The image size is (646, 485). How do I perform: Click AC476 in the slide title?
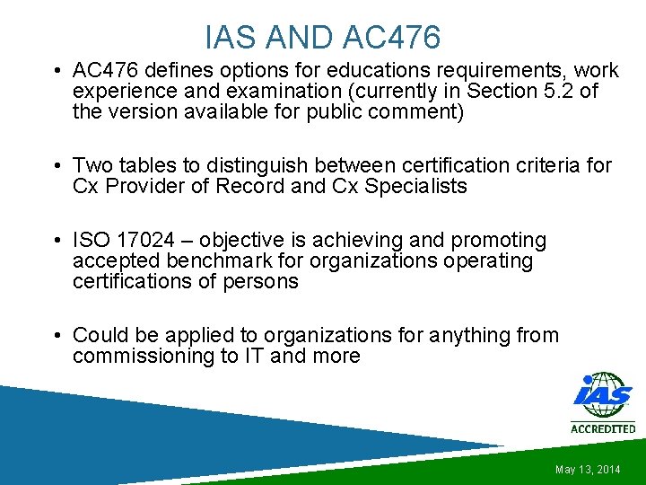[392, 37]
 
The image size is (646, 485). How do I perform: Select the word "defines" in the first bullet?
[176, 70]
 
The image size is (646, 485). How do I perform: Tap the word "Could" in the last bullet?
[99, 335]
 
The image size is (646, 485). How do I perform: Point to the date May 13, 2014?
[588, 470]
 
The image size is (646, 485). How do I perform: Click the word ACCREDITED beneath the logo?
[603, 428]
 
